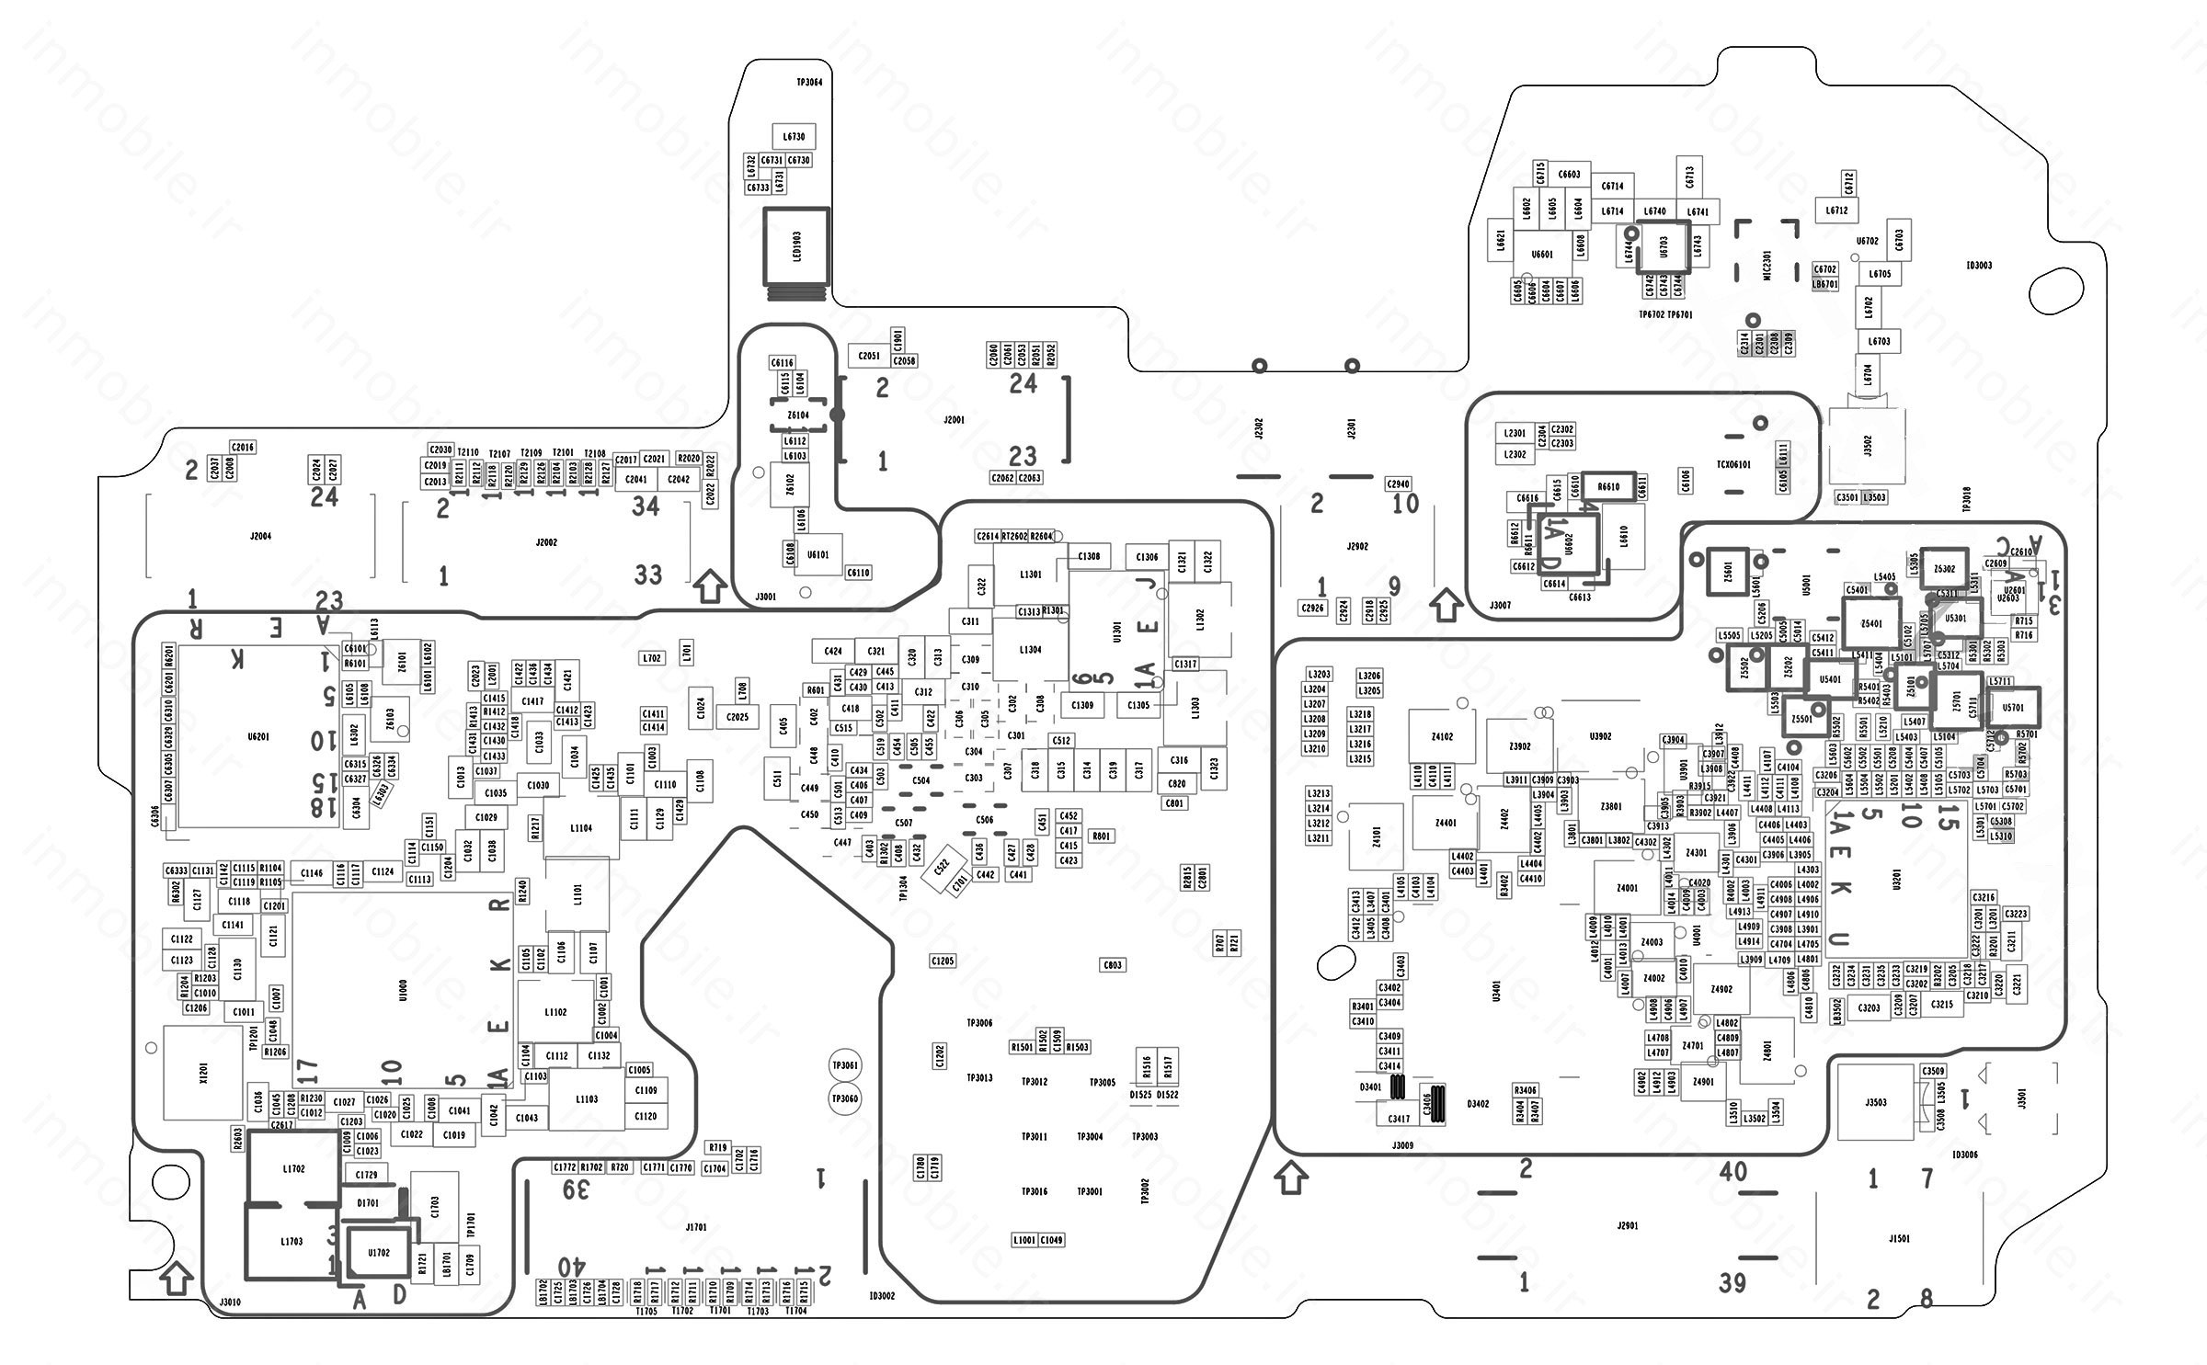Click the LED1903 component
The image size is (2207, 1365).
tap(796, 246)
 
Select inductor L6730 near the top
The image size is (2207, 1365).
tap(794, 137)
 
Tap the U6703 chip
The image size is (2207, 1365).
tap(1663, 246)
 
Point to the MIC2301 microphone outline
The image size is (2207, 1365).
tap(1766, 252)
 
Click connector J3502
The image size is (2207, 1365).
tap(1866, 446)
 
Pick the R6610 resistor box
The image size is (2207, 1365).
tap(1608, 486)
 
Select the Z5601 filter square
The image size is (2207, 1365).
tap(1726, 571)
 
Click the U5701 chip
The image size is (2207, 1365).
tap(2013, 708)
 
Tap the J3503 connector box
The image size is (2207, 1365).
tap(1876, 1102)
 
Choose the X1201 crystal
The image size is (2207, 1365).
tap(203, 1073)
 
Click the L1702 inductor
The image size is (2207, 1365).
tap(293, 1168)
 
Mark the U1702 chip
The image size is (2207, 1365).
tap(378, 1252)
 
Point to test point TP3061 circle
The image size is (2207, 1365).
tap(844, 1065)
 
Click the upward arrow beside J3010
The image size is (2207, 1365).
tap(176, 1277)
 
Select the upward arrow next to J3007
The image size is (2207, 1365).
tap(1447, 605)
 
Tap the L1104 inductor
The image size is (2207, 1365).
tap(580, 828)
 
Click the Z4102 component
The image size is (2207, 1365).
tap(1442, 736)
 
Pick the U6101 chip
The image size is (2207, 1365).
tap(818, 555)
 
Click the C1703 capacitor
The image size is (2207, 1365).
tap(434, 1207)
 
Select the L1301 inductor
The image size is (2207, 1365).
tap(1031, 574)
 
